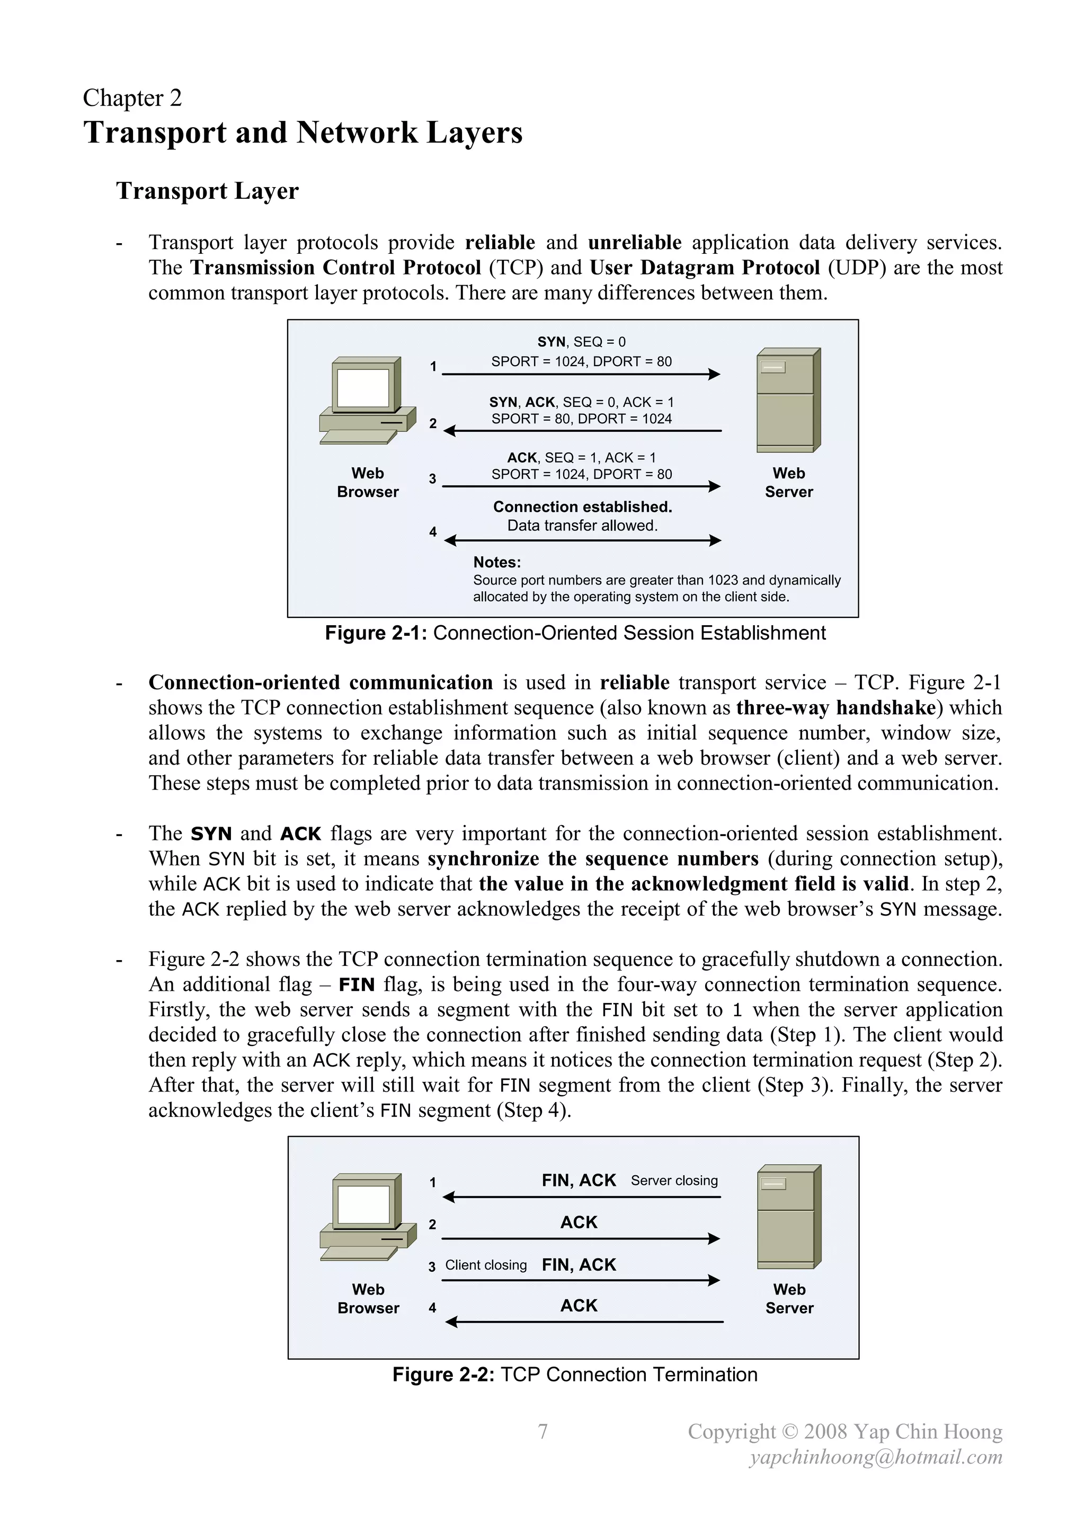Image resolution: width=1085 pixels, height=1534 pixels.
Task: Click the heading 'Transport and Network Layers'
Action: click(303, 132)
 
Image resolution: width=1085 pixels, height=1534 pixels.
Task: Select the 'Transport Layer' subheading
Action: click(207, 191)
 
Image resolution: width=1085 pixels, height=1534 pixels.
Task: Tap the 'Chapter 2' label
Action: click(132, 98)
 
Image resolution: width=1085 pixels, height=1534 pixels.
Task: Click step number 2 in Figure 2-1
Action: click(433, 423)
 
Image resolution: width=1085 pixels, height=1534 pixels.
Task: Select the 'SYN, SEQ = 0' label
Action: click(581, 342)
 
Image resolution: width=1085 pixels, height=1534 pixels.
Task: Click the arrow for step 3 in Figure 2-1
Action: click(581, 486)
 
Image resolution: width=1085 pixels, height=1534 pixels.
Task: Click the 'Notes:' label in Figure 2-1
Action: click(497, 563)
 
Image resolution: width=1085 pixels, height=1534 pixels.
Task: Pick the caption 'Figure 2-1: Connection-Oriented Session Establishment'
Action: click(575, 633)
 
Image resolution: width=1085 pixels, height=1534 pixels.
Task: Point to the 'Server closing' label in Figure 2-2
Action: click(674, 1181)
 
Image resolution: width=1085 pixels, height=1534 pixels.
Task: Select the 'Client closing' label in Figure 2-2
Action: click(486, 1265)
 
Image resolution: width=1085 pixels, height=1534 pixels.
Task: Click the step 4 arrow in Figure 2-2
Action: click(584, 1322)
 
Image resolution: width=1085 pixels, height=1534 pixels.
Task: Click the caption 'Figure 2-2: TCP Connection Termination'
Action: click(575, 1375)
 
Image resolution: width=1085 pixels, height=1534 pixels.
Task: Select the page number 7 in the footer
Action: click(542, 1431)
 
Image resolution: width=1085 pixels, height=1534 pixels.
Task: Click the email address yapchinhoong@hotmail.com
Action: click(876, 1457)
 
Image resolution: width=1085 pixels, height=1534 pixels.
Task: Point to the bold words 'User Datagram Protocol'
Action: click(704, 268)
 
